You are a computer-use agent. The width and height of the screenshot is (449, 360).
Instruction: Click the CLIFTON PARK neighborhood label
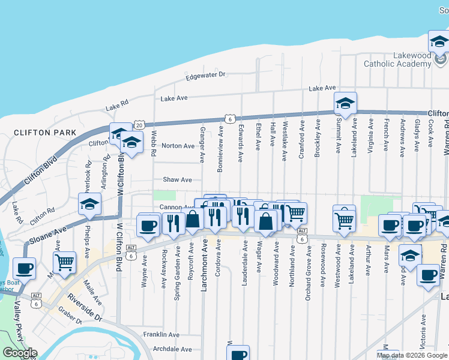[x=45, y=132]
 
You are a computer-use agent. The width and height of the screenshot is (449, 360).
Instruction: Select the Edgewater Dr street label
[x=205, y=75]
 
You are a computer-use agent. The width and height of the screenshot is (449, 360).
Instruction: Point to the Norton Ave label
[x=178, y=146]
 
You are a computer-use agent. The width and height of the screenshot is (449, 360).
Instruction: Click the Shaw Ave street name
[x=177, y=179]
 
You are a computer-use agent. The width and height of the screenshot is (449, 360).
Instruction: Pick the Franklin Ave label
[x=161, y=334]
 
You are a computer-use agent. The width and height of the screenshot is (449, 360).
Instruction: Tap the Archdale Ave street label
[x=172, y=349]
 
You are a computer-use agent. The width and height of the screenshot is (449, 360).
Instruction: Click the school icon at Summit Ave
[x=345, y=104]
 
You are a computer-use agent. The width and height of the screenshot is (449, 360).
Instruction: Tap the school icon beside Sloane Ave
[x=89, y=205]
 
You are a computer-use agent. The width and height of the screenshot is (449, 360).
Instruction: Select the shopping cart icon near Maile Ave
[x=64, y=262]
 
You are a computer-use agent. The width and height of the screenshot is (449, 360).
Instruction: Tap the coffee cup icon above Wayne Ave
[x=148, y=226]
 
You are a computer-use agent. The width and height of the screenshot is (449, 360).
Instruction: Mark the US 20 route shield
[x=139, y=125]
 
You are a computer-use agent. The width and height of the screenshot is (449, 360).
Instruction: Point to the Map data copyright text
[x=412, y=355]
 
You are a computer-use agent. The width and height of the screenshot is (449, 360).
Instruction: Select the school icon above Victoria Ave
[x=410, y=256]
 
